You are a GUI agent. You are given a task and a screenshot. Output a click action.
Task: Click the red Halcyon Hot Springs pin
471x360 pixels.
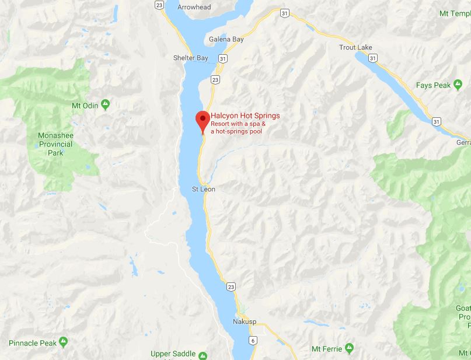202,120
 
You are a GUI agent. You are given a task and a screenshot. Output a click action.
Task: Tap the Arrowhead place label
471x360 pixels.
194,7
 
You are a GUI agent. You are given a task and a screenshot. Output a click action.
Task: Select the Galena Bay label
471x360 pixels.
226,40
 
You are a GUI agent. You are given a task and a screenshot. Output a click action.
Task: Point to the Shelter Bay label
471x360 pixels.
190,58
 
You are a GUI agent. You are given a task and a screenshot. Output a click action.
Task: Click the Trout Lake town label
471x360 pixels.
355,47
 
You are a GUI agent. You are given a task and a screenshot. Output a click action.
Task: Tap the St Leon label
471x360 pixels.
204,189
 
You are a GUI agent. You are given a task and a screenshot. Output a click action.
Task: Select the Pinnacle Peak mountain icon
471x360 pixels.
64,341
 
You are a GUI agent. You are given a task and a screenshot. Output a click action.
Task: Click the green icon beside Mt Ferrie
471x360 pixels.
349,348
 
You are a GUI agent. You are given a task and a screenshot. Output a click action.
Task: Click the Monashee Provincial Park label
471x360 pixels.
56,144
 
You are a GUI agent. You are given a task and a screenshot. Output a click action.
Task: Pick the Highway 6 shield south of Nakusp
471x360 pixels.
253,340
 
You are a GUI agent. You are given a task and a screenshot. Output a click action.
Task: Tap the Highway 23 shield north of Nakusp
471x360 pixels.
232,287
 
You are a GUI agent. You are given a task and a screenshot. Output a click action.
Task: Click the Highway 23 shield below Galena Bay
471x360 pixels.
215,79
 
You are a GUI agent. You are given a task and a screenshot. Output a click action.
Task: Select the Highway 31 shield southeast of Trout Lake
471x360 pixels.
436,121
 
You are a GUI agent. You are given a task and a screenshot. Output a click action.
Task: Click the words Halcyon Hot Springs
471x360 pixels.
245,116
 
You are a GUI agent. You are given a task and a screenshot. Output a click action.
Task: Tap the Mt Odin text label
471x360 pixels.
85,106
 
